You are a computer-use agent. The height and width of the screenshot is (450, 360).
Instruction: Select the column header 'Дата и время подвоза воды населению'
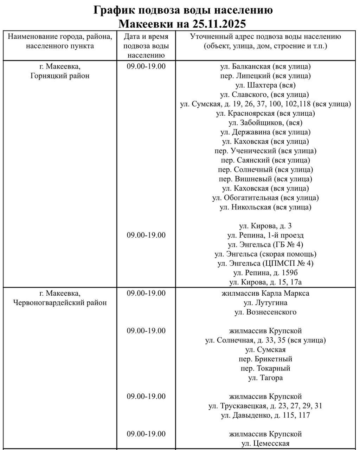(146, 46)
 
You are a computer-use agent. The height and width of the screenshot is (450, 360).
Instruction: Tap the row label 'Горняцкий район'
(60, 76)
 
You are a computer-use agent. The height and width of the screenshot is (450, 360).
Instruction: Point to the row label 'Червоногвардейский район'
(60, 303)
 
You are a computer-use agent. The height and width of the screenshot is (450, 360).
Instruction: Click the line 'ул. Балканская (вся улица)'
(265, 66)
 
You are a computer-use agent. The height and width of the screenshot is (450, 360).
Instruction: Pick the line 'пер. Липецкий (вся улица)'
(265, 76)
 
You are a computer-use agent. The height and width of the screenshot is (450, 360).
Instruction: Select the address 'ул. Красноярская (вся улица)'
(265, 114)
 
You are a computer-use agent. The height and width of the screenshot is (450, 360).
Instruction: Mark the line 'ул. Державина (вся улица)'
(265, 132)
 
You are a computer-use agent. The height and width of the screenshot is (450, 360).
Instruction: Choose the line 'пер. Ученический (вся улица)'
(265, 151)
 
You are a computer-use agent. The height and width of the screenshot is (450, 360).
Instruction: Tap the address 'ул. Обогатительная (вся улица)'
(265, 198)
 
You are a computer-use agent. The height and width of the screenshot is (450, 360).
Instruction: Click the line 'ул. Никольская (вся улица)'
(265, 207)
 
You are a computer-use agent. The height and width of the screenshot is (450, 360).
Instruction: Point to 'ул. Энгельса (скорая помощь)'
(265, 254)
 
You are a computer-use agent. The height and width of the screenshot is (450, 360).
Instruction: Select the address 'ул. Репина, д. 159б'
(265, 273)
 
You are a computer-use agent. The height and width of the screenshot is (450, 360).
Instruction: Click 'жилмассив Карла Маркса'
(265, 293)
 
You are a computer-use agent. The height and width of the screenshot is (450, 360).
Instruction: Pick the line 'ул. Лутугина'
(265, 303)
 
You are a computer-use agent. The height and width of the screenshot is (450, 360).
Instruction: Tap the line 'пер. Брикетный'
(265, 359)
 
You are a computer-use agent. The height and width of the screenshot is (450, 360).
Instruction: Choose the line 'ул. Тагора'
(265, 378)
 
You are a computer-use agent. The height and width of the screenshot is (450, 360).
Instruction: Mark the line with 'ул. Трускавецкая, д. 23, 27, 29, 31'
(265, 406)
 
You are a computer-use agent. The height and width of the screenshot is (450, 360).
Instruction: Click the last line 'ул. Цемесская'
(265, 444)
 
